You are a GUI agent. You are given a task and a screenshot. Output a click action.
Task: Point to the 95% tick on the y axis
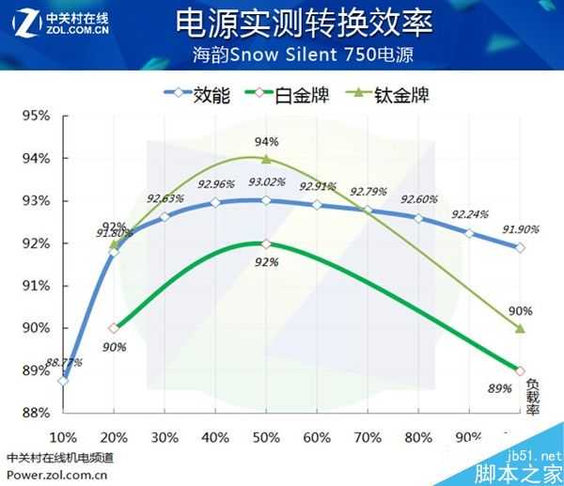tap(36, 116)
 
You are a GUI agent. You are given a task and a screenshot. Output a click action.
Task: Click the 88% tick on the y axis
tap(36, 413)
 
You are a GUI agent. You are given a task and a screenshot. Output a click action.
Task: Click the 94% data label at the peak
tap(267, 141)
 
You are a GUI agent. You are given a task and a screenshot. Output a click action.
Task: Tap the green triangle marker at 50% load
tap(266, 159)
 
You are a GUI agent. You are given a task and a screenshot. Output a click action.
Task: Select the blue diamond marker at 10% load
tap(63, 381)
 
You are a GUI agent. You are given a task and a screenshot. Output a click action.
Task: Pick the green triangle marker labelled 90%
tap(520, 328)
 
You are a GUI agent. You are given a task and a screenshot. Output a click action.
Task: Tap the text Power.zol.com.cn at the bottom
tap(56, 475)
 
